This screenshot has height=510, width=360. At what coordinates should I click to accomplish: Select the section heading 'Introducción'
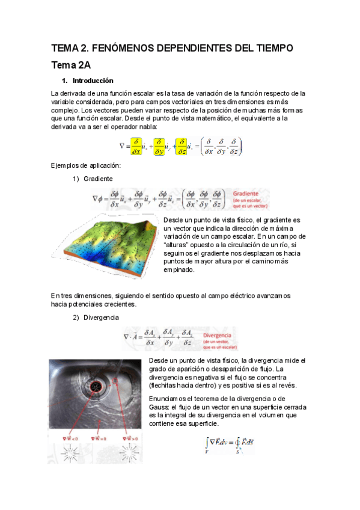pyautogui.click(x=93, y=81)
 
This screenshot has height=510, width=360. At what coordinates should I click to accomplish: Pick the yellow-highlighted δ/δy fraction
pyautogui.click(x=159, y=146)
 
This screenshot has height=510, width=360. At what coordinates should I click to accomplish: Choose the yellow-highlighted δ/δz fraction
pyautogui.click(x=181, y=146)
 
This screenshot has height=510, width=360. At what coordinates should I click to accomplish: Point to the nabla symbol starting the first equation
pyautogui.click(x=122, y=146)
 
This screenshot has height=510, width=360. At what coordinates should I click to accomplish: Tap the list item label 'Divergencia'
pyautogui.click(x=102, y=317)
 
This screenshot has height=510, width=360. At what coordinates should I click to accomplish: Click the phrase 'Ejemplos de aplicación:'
pyautogui.click(x=78, y=165)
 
